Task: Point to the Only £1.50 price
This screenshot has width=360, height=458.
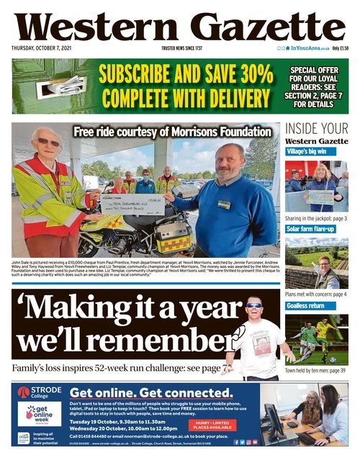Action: coord(340,49)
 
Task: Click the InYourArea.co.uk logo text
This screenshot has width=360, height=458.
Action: coord(310,49)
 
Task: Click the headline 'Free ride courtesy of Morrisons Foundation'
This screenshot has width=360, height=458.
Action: coord(172,131)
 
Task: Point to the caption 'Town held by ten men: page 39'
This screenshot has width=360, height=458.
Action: coord(315,371)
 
